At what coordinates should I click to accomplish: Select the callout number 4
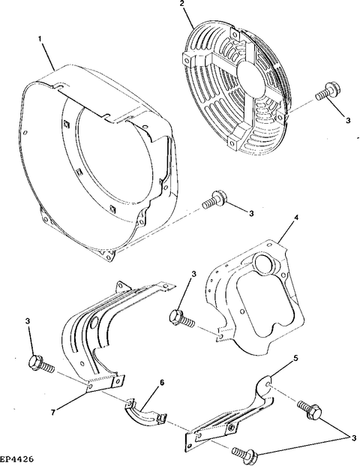coord(295,218)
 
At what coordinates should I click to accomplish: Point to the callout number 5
coord(295,359)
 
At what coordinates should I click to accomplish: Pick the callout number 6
coord(162,383)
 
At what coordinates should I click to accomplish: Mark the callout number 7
coord(52,413)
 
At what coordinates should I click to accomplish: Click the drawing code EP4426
coord(16,458)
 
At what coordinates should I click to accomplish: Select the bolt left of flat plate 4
coord(182,319)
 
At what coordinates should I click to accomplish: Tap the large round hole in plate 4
coord(264,263)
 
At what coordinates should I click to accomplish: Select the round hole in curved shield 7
coord(94,323)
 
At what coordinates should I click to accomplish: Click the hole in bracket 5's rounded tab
coord(269,385)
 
